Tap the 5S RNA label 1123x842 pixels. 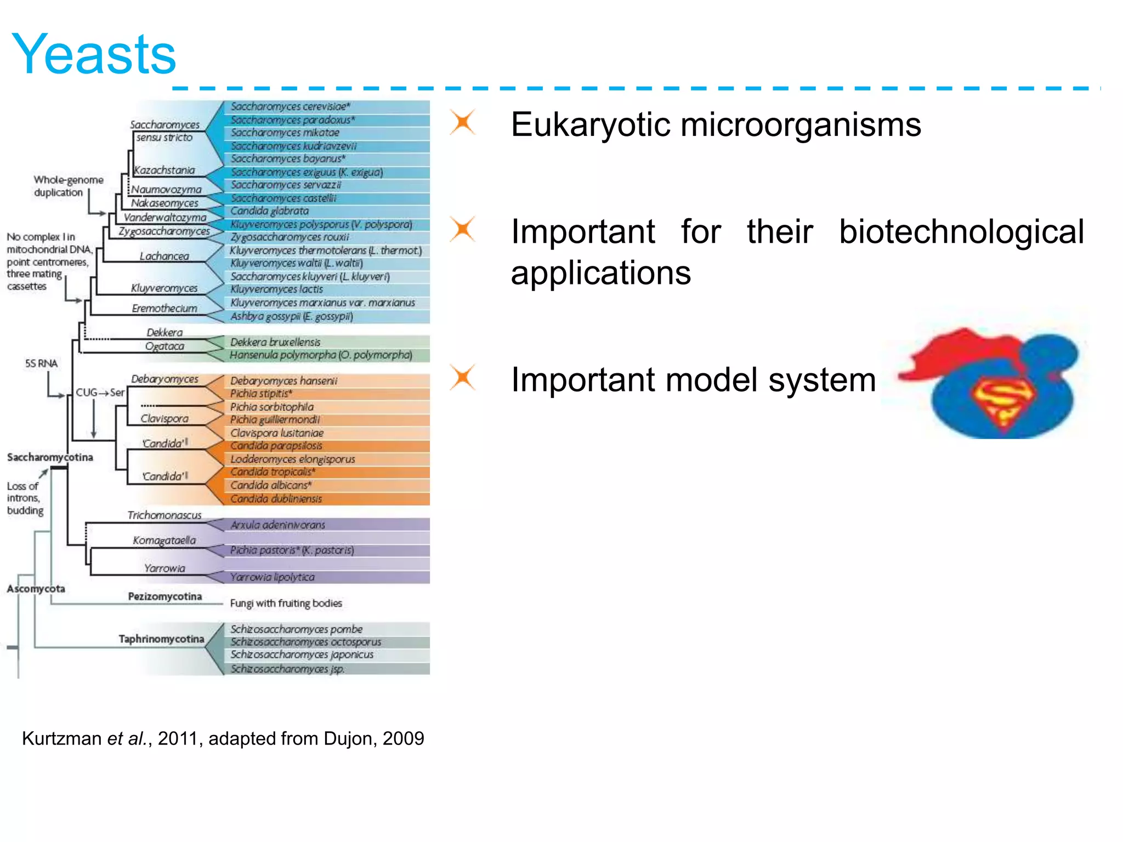point(41,363)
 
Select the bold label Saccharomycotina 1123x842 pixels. point(50,457)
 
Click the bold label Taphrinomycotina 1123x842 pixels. point(161,639)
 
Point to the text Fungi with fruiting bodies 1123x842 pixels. point(286,603)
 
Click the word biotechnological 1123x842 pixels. point(961,232)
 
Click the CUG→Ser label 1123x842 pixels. point(100,392)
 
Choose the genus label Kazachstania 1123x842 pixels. point(165,170)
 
